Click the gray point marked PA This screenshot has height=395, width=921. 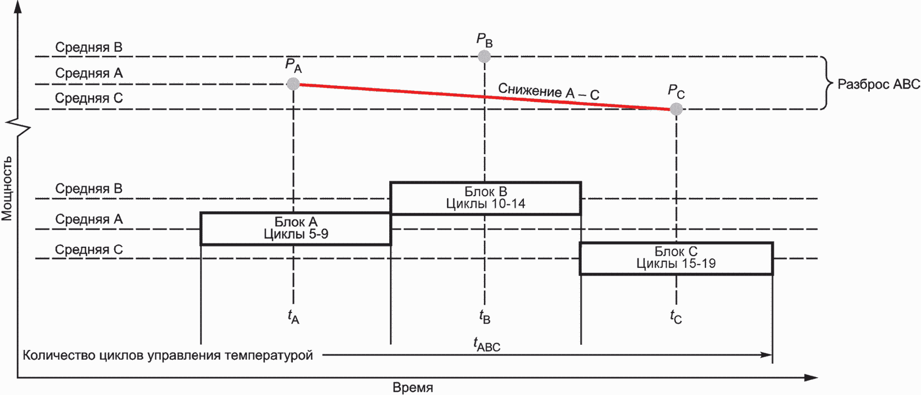293,84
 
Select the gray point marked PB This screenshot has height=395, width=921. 484,56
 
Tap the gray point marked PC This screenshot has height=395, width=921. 676,109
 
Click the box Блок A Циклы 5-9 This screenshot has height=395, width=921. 296,228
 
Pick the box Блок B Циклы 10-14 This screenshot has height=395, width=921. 486,198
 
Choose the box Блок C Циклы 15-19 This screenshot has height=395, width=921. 676,258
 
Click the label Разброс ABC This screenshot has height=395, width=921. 878,84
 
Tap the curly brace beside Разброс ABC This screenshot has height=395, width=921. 827,84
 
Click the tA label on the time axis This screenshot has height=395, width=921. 293,317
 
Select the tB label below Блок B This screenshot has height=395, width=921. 484,317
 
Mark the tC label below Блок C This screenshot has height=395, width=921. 676,317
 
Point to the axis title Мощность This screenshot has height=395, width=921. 7,188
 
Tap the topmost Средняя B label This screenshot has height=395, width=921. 89,47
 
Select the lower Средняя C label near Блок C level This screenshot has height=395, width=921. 89,250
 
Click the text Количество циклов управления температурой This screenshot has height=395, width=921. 168,355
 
